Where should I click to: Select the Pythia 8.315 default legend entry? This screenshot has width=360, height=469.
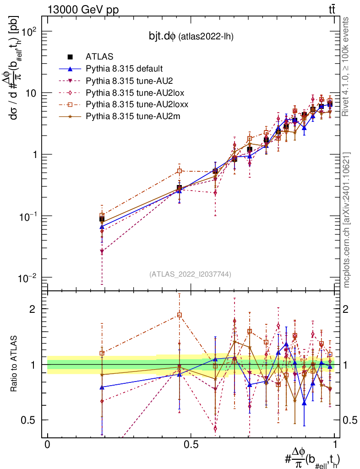click(124, 69)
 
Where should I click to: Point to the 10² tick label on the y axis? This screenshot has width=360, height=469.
click(29, 32)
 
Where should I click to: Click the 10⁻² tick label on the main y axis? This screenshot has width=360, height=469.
click(29, 278)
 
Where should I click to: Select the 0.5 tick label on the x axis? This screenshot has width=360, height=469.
click(191, 444)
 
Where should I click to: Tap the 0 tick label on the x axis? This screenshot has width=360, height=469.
click(47, 444)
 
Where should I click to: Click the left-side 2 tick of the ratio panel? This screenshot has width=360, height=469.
click(32, 309)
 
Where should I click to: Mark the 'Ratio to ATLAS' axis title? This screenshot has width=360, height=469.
click(15, 364)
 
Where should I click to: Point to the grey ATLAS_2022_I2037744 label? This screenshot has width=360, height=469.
click(190, 274)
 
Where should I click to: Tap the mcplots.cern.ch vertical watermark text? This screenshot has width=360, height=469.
click(347, 220)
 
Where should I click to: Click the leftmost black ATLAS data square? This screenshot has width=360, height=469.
click(102, 219)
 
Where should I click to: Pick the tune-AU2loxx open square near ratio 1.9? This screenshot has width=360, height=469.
click(180, 315)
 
